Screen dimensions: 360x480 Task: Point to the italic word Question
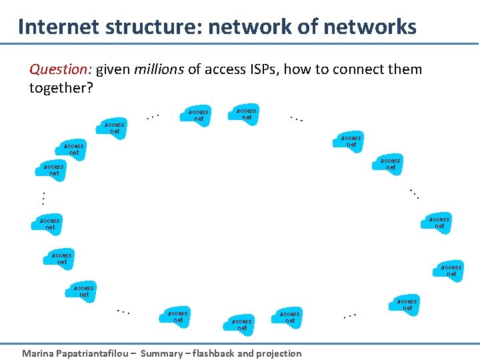(x=61, y=69)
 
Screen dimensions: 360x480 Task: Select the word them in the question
(x=405, y=69)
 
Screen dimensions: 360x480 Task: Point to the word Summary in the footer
(x=163, y=353)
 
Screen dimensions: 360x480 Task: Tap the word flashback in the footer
(x=221, y=353)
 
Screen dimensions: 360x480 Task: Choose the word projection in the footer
(x=278, y=353)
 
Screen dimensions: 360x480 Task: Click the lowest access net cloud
(x=242, y=324)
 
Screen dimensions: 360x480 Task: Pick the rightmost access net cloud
(x=451, y=270)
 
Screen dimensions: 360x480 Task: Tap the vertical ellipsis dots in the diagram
(x=42, y=198)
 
